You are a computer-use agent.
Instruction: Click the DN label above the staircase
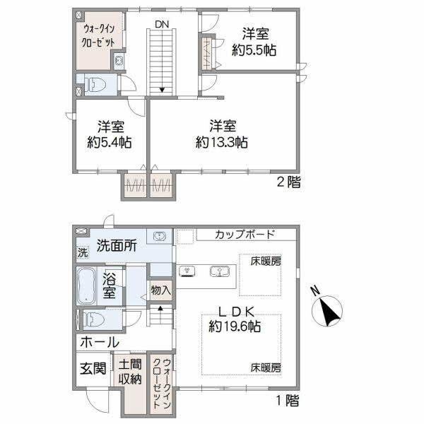point(162,24)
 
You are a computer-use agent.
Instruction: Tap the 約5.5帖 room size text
point(254,50)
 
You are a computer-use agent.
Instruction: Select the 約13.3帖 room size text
point(221,142)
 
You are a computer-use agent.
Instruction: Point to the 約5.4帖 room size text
point(110,142)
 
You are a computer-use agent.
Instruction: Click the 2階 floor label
point(288,182)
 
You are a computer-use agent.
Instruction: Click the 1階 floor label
point(288,400)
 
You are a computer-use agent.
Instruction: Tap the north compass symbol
point(327,310)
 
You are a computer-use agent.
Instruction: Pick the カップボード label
point(245,234)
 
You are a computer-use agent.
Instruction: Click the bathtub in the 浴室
point(86,286)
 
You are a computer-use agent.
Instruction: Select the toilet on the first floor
point(93,319)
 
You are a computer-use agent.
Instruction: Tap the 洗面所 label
point(117,245)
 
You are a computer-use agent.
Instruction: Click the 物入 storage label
point(161,290)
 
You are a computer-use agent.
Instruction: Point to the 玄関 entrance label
point(93,368)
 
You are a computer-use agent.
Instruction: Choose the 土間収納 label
point(130,372)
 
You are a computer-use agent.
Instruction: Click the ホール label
point(100,342)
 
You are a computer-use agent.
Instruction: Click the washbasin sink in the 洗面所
point(160,236)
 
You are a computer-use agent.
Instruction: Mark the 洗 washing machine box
point(83,252)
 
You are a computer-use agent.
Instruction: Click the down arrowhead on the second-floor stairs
point(162,90)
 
